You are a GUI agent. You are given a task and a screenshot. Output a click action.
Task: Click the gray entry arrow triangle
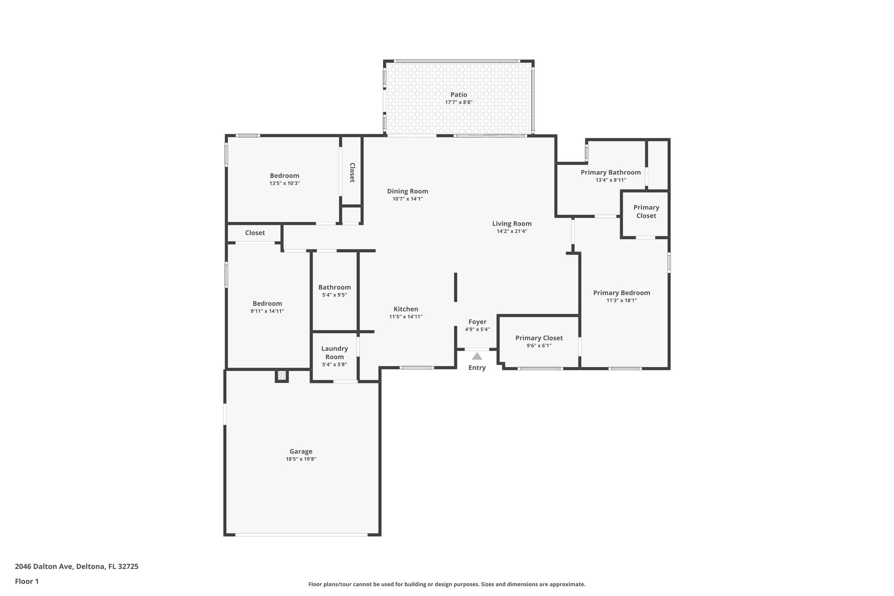pos(477,356)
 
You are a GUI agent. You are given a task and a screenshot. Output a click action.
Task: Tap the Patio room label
pos(459,95)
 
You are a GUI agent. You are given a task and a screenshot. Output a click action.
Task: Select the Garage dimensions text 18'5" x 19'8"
pos(301,459)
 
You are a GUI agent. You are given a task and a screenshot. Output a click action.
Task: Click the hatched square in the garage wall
pos(282,375)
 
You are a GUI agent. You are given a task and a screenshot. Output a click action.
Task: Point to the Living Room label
pos(512,224)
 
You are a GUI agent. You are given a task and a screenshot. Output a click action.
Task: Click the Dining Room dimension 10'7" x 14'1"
pos(407,199)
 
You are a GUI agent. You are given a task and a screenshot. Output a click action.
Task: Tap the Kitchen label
pos(406,309)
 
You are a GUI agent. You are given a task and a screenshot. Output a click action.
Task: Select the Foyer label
pos(477,322)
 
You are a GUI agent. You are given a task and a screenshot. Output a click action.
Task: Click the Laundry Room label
pos(334,352)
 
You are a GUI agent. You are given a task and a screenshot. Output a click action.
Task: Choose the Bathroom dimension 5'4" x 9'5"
pos(334,295)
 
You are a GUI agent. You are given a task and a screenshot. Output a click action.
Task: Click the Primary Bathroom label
pos(610,172)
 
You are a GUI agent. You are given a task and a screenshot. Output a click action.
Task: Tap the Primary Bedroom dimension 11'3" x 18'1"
pos(621,300)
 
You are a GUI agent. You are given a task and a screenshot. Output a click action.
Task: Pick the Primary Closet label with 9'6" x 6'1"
pos(539,338)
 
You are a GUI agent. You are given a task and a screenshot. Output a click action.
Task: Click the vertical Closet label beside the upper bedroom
pos(352,172)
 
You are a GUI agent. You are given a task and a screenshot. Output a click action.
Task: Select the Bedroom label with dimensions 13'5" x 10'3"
pos(284,176)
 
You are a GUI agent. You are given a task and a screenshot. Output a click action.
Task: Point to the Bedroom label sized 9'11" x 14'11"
pos(267,303)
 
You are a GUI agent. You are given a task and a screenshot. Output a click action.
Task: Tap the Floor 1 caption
pos(27,581)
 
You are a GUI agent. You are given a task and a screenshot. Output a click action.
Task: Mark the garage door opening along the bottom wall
pos(301,534)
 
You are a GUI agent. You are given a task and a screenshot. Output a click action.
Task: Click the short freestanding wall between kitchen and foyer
pos(455,287)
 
